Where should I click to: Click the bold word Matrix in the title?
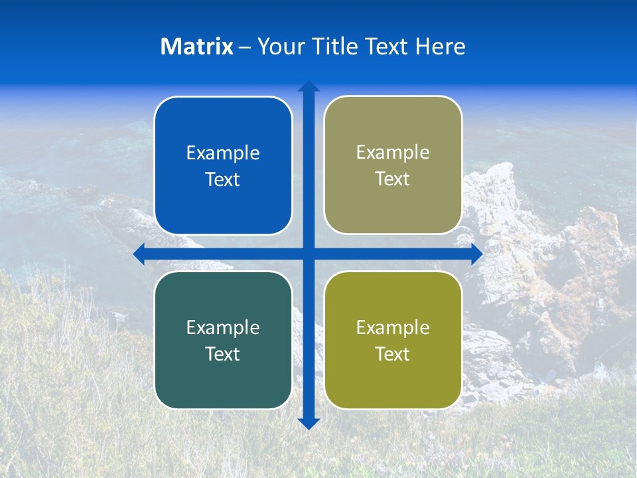[197, 46]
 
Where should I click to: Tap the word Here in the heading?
[440, 46]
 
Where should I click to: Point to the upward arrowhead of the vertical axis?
[309, 86]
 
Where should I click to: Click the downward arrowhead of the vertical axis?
[309, 424]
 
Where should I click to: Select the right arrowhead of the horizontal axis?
[476, 254]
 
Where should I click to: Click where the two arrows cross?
[309, 254]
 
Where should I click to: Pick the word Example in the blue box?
[223, 153]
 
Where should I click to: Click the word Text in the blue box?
[223, 180]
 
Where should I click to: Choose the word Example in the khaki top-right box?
[393, 153]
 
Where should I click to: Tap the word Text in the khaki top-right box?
[393, 179]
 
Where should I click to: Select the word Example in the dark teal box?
[223, 327]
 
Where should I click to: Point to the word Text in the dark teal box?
[223, 354]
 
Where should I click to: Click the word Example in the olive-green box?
[393, 327]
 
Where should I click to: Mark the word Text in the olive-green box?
[393, 354]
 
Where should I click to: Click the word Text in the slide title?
[386, 46]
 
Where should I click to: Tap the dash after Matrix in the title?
[245, 47]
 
